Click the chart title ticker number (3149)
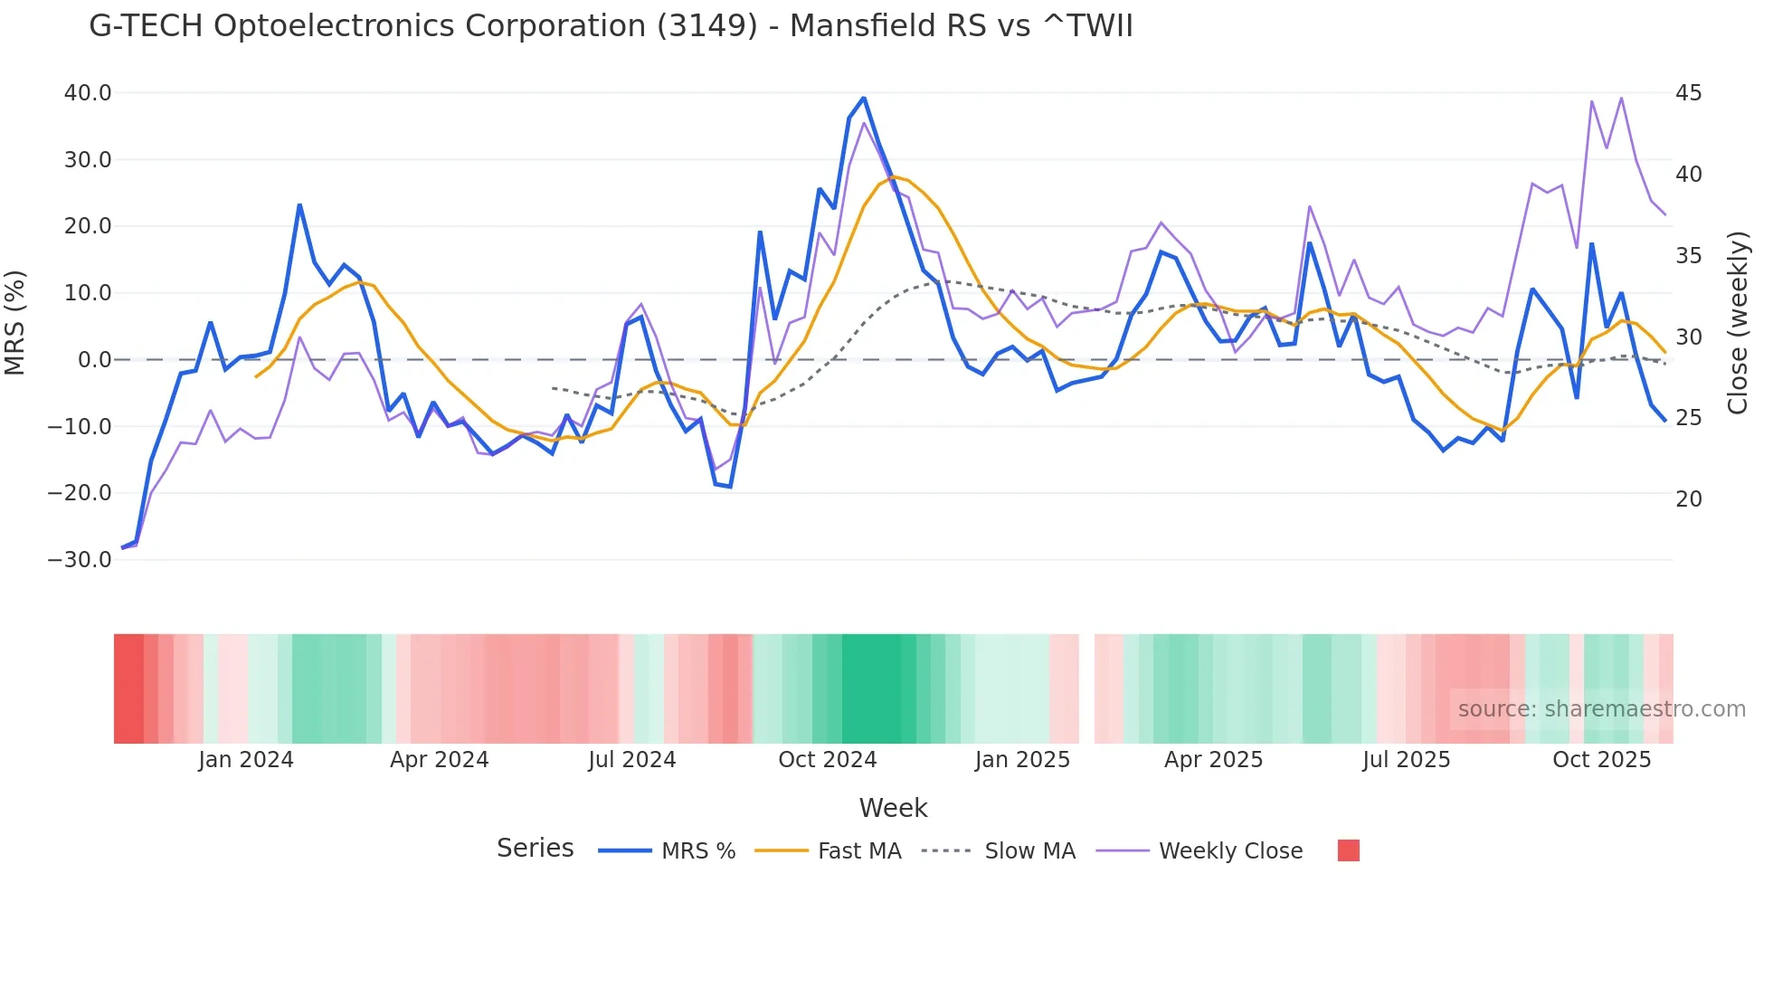[706, 26]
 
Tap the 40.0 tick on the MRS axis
[88, 93]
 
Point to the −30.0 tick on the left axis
[80, 560]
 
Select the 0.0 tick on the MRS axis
[94, 360]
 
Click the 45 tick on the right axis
[1688, 93]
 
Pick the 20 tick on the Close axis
[1688, 499]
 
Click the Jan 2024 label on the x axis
[246, 760]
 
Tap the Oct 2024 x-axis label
[827, 760]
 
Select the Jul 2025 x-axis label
[1406, 760]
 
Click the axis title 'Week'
[893, 808]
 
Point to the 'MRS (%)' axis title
[15, 322]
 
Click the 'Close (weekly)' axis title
[1737, 322]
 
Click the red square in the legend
[1348, 850]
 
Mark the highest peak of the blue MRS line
[864, 98]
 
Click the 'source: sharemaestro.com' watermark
[1601, 709]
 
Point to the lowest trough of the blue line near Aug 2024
[730, 487]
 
